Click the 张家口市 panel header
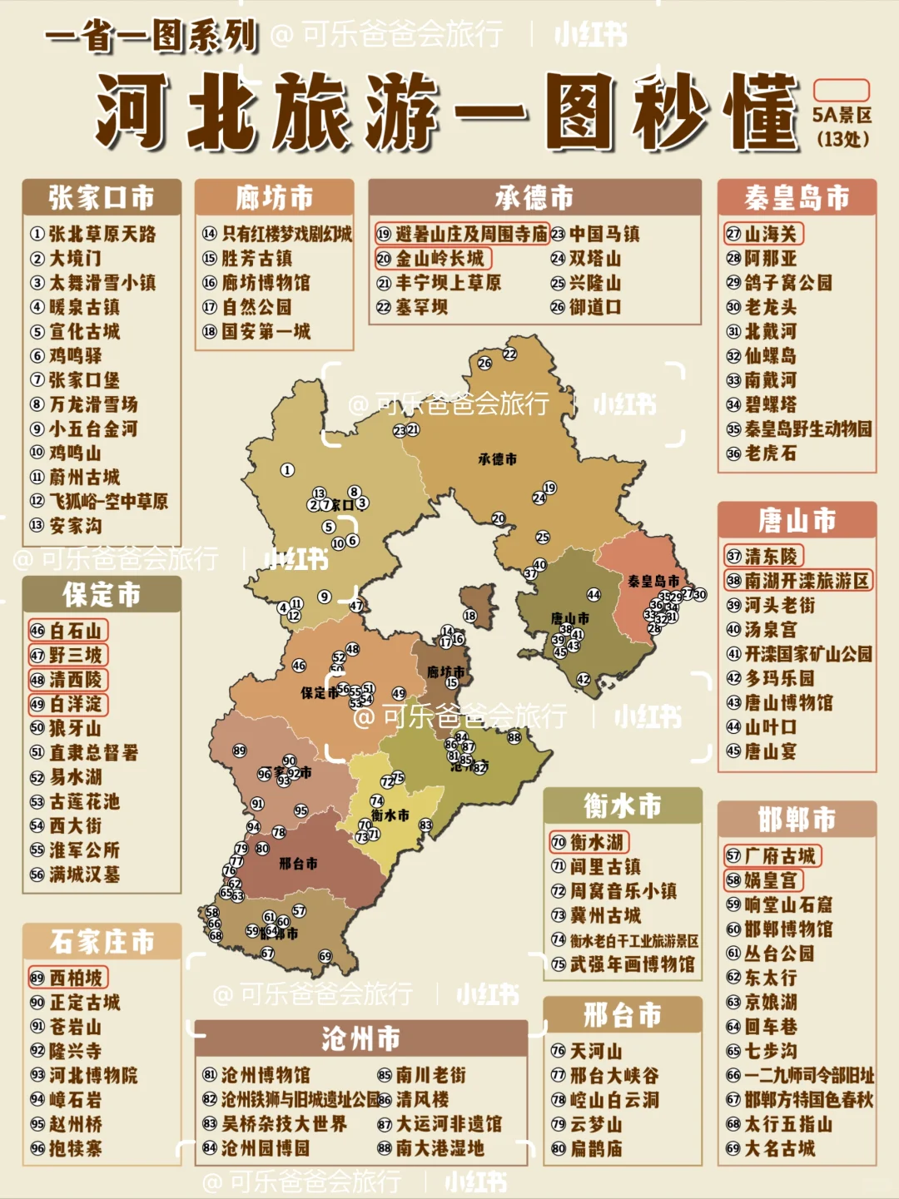tap(102, 198)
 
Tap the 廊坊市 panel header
tap(274, 198)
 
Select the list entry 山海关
tap(763, 234)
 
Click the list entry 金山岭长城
tap(433, 259)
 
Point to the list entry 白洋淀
tap(68, 704)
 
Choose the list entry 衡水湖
tap(589, 842)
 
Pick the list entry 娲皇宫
tap(763, 880)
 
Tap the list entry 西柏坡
tap(68, 978)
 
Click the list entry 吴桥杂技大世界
tap(275, 1124)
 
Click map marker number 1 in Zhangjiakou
tap(287, 470)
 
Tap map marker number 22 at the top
tap(509, 354)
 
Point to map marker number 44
tap(594, 595)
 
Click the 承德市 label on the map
tap(497, 458)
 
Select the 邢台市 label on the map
tap(298, 864)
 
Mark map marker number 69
tap(325, 956)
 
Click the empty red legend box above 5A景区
tap(841, 90)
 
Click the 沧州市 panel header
tap(360, 1038)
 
